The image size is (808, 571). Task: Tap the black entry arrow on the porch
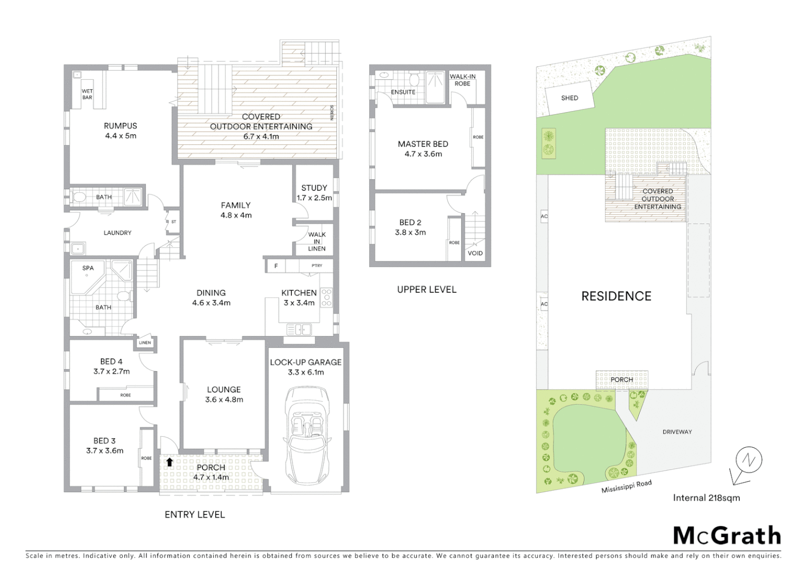click(169, 462)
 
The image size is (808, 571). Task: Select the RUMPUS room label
click(120, 126)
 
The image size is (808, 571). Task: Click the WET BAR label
click(87, 94)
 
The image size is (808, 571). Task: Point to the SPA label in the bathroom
click(88, 268)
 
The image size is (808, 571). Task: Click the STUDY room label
click(314, 188)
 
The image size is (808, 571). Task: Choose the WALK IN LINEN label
click(317, 242)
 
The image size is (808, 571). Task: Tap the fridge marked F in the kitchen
click(276, 266)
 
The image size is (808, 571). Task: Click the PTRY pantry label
click(317, 265)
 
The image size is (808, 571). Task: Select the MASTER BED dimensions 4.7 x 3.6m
click(423, 154)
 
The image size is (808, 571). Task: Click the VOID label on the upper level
click(475, 253)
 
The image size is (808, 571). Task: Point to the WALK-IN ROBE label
click(462, 80)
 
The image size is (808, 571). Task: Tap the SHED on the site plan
click(570, 98)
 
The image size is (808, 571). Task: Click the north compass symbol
click(748, 461)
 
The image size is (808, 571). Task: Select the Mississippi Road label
click(626, 486)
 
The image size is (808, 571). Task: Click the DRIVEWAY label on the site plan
click(677, 432)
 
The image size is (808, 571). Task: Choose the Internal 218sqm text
click(706, 498)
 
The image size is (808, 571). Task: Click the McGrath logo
click(727, 536)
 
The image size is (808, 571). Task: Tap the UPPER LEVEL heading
click(426, 289)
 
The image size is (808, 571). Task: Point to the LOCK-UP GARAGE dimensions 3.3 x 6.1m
click(306, 372)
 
